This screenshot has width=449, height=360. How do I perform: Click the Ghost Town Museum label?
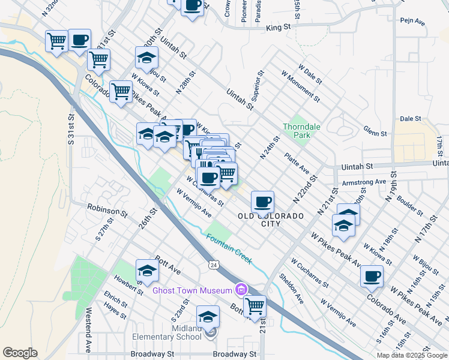pyautogui.click(x=192, y=290)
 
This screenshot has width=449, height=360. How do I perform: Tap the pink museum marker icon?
pyautogui.click(x=242, y=290)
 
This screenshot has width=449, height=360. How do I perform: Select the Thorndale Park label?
pyautogui.click(x=302, y=131)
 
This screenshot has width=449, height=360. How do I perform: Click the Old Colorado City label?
pyautogui.click(x=270, y=219)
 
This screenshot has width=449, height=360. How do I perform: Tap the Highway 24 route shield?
pyautogui.click(x=213, y=264)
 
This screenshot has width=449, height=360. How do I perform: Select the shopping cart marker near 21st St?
pyautogui.click(x=255, y=305)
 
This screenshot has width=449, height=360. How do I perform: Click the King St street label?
pyautogui.click(x=278, y=27)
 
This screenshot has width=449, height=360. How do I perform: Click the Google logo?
pyautogui.click(x=20, y=352)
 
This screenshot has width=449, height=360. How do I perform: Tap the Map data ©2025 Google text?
pyautogui.click(x=412, y=355)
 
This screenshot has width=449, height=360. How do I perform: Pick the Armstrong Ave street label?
pyautogui.click(x=363, y=181)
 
